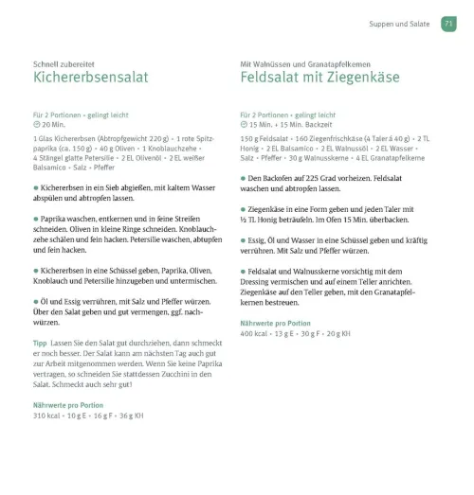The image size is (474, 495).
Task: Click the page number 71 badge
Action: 448,26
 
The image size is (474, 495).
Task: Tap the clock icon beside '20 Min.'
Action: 36,123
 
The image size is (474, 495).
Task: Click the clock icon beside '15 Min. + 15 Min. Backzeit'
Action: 245,123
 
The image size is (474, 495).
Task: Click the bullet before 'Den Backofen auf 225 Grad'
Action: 244,177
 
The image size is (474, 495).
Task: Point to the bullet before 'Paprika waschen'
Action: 35,218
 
